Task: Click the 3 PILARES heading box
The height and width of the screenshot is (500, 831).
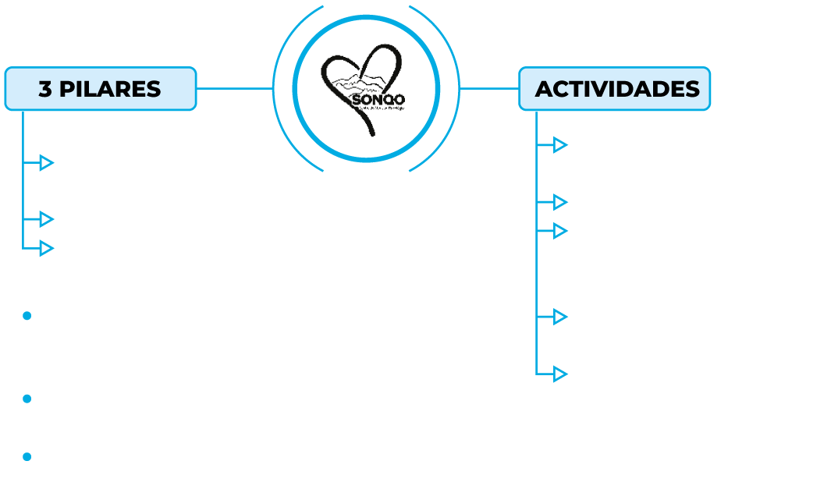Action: [101, 88]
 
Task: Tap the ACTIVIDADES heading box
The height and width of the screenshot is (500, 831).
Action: [616, 88]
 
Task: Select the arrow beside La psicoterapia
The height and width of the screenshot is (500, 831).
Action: [47, 218]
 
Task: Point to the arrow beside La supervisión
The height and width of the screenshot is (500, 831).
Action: [47, 247]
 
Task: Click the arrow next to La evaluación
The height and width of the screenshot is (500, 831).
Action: [47, 162]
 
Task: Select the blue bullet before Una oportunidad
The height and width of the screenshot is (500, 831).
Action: [26, 399]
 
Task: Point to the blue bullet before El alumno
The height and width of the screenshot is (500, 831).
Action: [26, 456]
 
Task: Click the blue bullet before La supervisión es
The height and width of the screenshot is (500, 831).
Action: [26, 316]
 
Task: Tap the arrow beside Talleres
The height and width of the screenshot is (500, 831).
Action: [560, 317]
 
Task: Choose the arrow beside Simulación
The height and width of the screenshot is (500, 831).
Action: [560, 374]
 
